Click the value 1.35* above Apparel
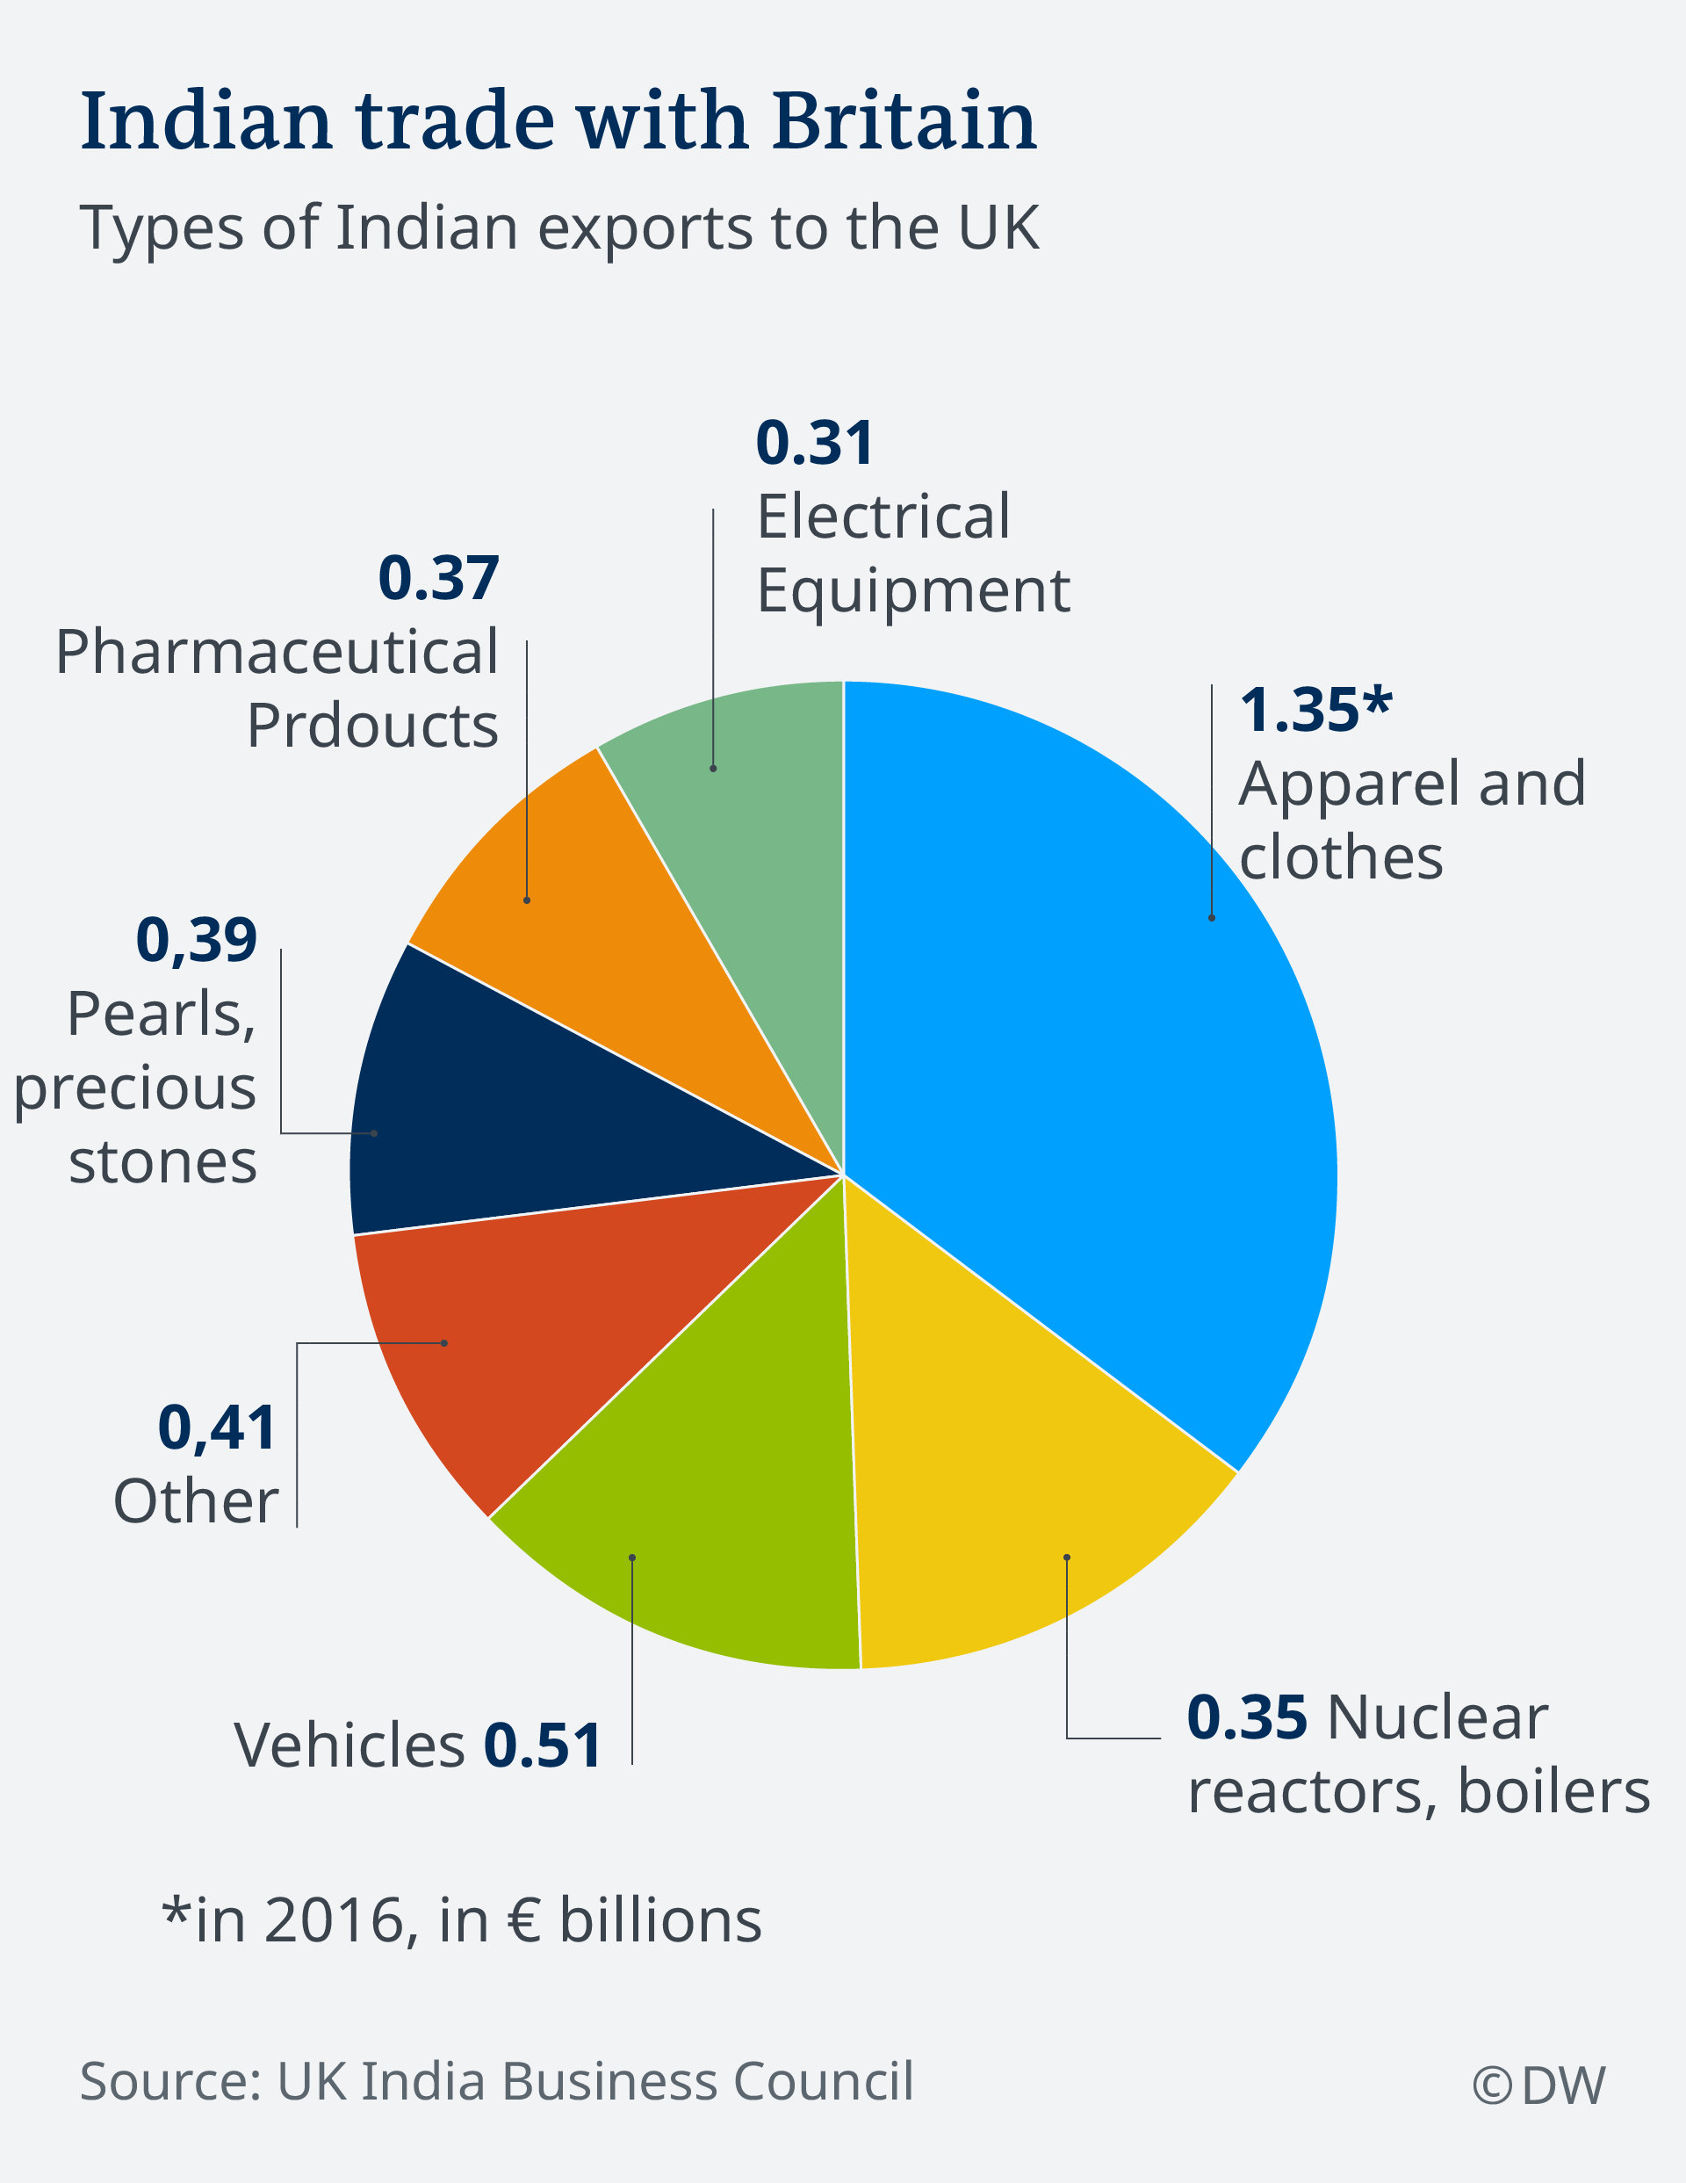coord(1315,711)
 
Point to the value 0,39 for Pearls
coord(196,941)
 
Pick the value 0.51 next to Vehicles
coord(543,1746)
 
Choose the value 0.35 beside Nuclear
coord(1246,1718)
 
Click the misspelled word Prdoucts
coord(371,726)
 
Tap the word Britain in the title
coord(904,122)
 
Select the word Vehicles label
coord(349,1746)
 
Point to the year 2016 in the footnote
coord(335,1920)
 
